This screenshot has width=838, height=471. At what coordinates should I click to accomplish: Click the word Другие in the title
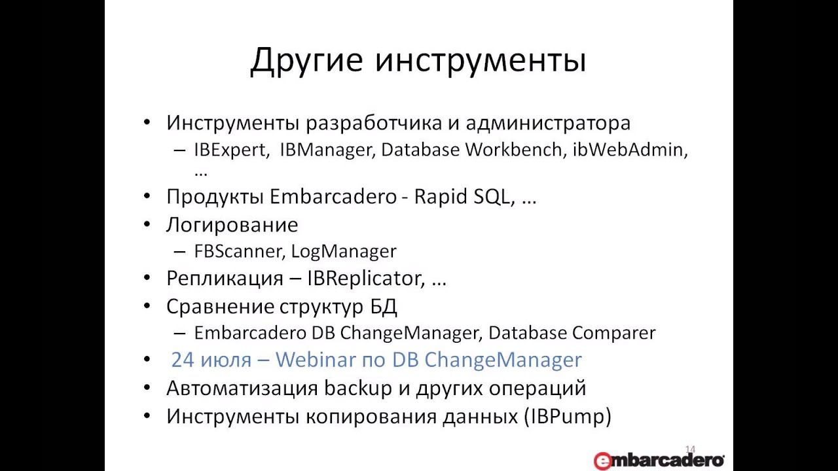(x=306, y=60)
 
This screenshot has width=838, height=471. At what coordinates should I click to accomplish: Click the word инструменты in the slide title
(x=481, y=60)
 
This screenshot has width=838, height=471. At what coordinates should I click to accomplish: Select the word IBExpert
(x=231, y=150)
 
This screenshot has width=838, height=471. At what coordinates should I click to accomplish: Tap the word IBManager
(x=325, y=150)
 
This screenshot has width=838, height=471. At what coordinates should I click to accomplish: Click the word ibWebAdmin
(x=630, y=150)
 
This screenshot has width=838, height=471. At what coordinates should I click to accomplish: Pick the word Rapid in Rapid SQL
(x=440, y=196)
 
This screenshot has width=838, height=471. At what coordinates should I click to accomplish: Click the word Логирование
(x=232, y=224)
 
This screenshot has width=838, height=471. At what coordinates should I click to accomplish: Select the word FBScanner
(x=240, y=251)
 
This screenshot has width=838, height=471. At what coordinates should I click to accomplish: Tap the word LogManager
(x=344, y=251)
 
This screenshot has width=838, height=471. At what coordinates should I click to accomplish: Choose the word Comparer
(x=613, y=333)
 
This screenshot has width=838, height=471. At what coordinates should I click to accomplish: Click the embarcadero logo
(x=659, y=460)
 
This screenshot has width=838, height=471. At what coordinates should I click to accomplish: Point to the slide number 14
(x=690, y=449)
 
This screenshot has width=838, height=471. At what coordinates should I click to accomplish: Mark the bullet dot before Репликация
(x=147, y=278)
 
